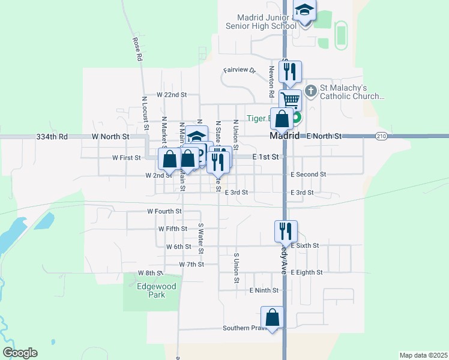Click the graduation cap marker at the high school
(304, 10)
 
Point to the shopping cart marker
(290, 100)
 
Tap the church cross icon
(310, 91)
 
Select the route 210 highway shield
(381, 136)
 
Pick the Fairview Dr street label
(239, 70)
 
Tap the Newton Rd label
(272, 82)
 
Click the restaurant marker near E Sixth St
(286, 230)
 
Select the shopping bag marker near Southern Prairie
(272, 317)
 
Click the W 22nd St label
(172, 95)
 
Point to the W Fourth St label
(164, 211)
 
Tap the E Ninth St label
(264, 290)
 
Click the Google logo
(20, 353)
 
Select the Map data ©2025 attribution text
(423, 355)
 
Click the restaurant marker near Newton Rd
(291, 71)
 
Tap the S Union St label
(237, 268)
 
